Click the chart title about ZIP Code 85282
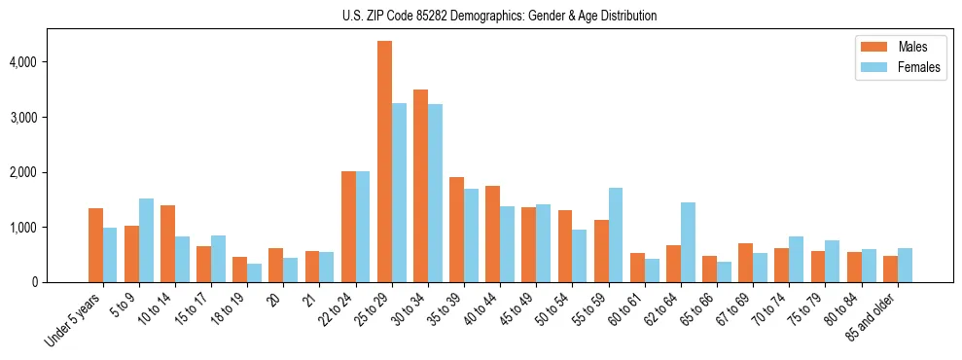(499, 16)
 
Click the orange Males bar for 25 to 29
(384, 162)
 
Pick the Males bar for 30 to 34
(420, 186)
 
